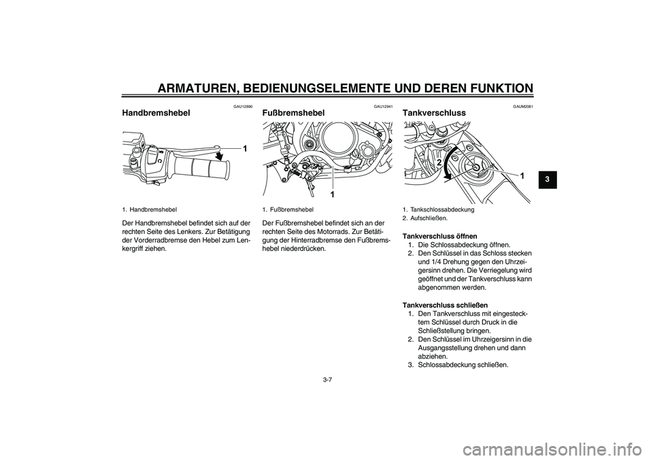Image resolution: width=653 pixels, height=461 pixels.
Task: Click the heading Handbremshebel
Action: coord(156,112)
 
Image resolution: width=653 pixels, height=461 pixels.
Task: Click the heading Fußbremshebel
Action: coord(293,112)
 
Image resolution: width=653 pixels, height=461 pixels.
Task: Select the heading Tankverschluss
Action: coord(435,112)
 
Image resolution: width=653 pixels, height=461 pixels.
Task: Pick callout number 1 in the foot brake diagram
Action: coord(333,194)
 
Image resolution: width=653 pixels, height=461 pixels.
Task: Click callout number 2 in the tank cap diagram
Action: coord(439,164)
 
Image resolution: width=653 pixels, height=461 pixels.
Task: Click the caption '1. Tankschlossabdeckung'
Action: coord(438,210)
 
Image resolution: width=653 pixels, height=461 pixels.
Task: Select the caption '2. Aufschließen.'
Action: coord(426,218)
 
